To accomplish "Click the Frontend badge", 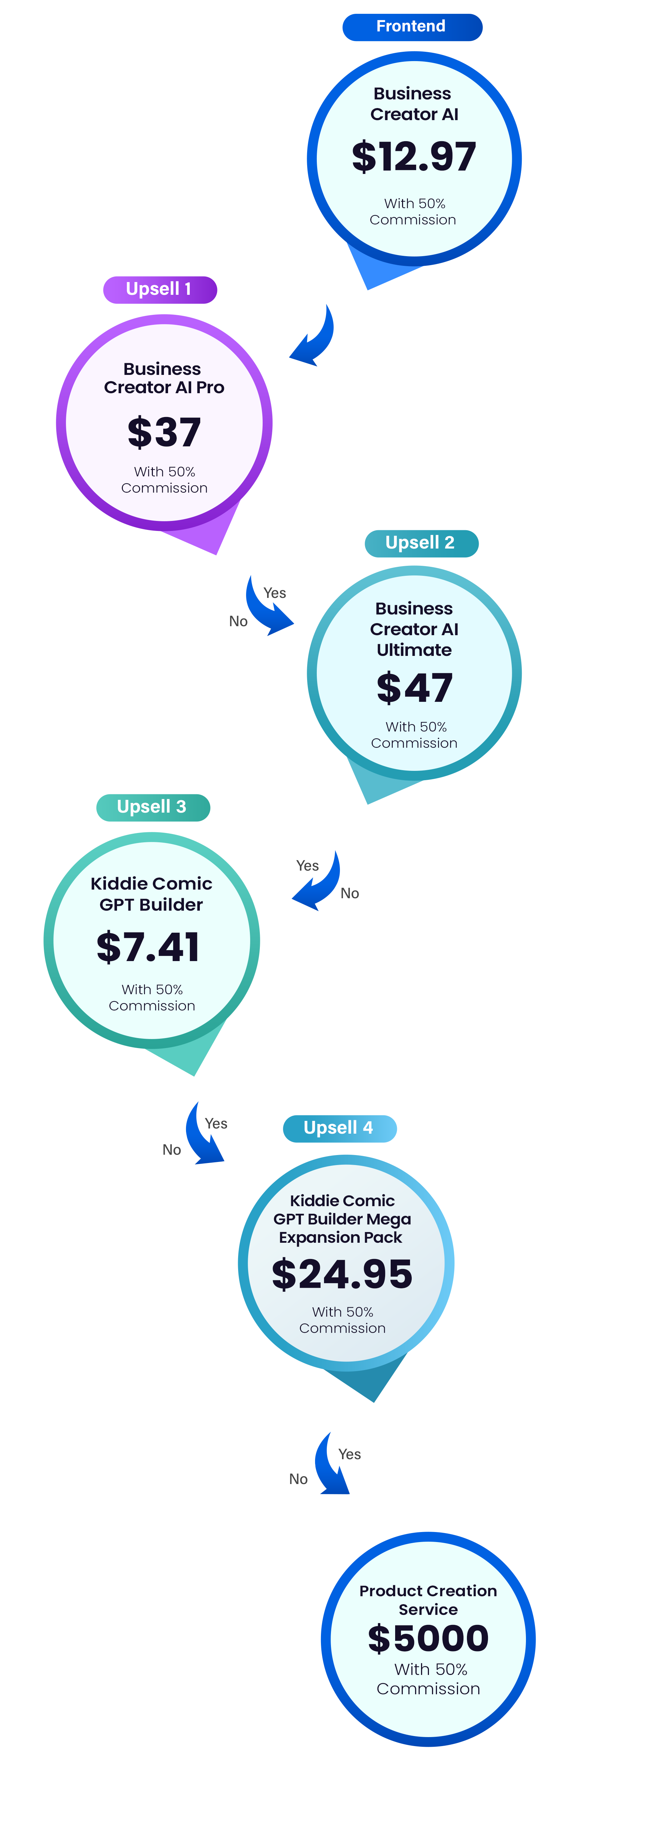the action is [x=412, y=27].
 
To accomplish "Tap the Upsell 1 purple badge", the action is [x=160, y=289].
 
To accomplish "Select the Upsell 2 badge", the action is [x=422, y=543].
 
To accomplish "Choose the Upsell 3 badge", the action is [x=153, y=807].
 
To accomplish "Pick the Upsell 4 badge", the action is [x=340, y=1128].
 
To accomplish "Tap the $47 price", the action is [x=414, y=688].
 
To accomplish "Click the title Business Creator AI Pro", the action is [x=163, y=378].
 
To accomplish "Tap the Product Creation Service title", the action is [x=428, y=1600].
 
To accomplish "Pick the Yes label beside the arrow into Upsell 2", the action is [x=274, y=593].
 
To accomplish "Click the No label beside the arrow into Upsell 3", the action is [x=350, y=893].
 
